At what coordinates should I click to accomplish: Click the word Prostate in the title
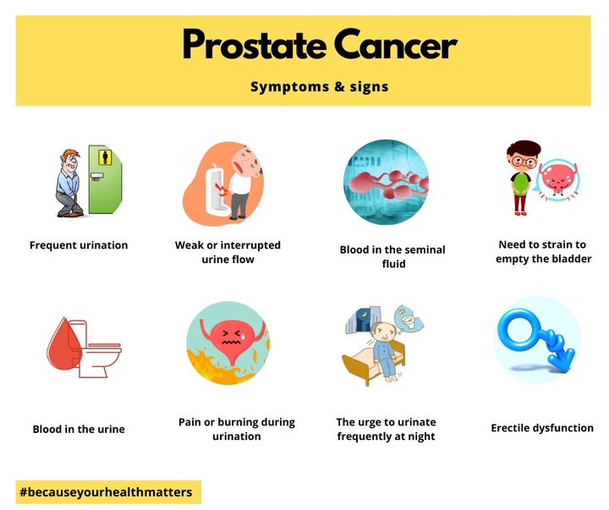255,44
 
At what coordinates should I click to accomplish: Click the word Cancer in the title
395,44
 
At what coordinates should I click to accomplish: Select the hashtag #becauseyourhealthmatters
106,492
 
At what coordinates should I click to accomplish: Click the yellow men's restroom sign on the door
105,157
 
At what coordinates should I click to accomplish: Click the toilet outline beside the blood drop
97,349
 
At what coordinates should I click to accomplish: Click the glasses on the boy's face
524,162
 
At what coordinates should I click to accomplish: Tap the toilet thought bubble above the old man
409,319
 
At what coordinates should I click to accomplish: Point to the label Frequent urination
79,245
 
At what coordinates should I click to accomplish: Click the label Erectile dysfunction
542,428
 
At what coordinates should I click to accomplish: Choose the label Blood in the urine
79,429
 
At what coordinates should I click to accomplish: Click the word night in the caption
422,436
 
